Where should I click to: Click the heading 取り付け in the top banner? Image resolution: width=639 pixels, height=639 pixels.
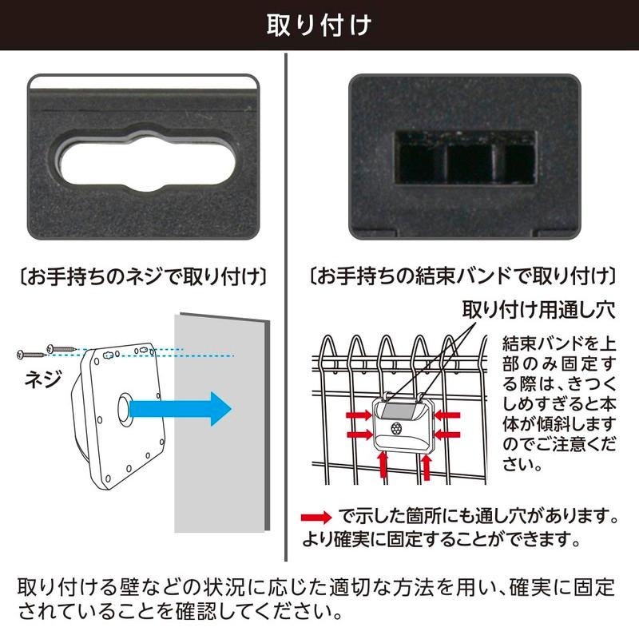coord(319,25)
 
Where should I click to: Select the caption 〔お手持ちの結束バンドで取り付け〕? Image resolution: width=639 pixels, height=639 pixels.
coord(462,278)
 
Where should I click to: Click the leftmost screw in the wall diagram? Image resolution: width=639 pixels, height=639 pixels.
coord(30,353)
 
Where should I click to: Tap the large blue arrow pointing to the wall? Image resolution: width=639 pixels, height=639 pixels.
coord(180,408)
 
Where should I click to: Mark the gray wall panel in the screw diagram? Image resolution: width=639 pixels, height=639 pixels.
coord(220,423)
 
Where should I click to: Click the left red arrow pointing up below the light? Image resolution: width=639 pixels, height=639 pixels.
coord(383,466)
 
